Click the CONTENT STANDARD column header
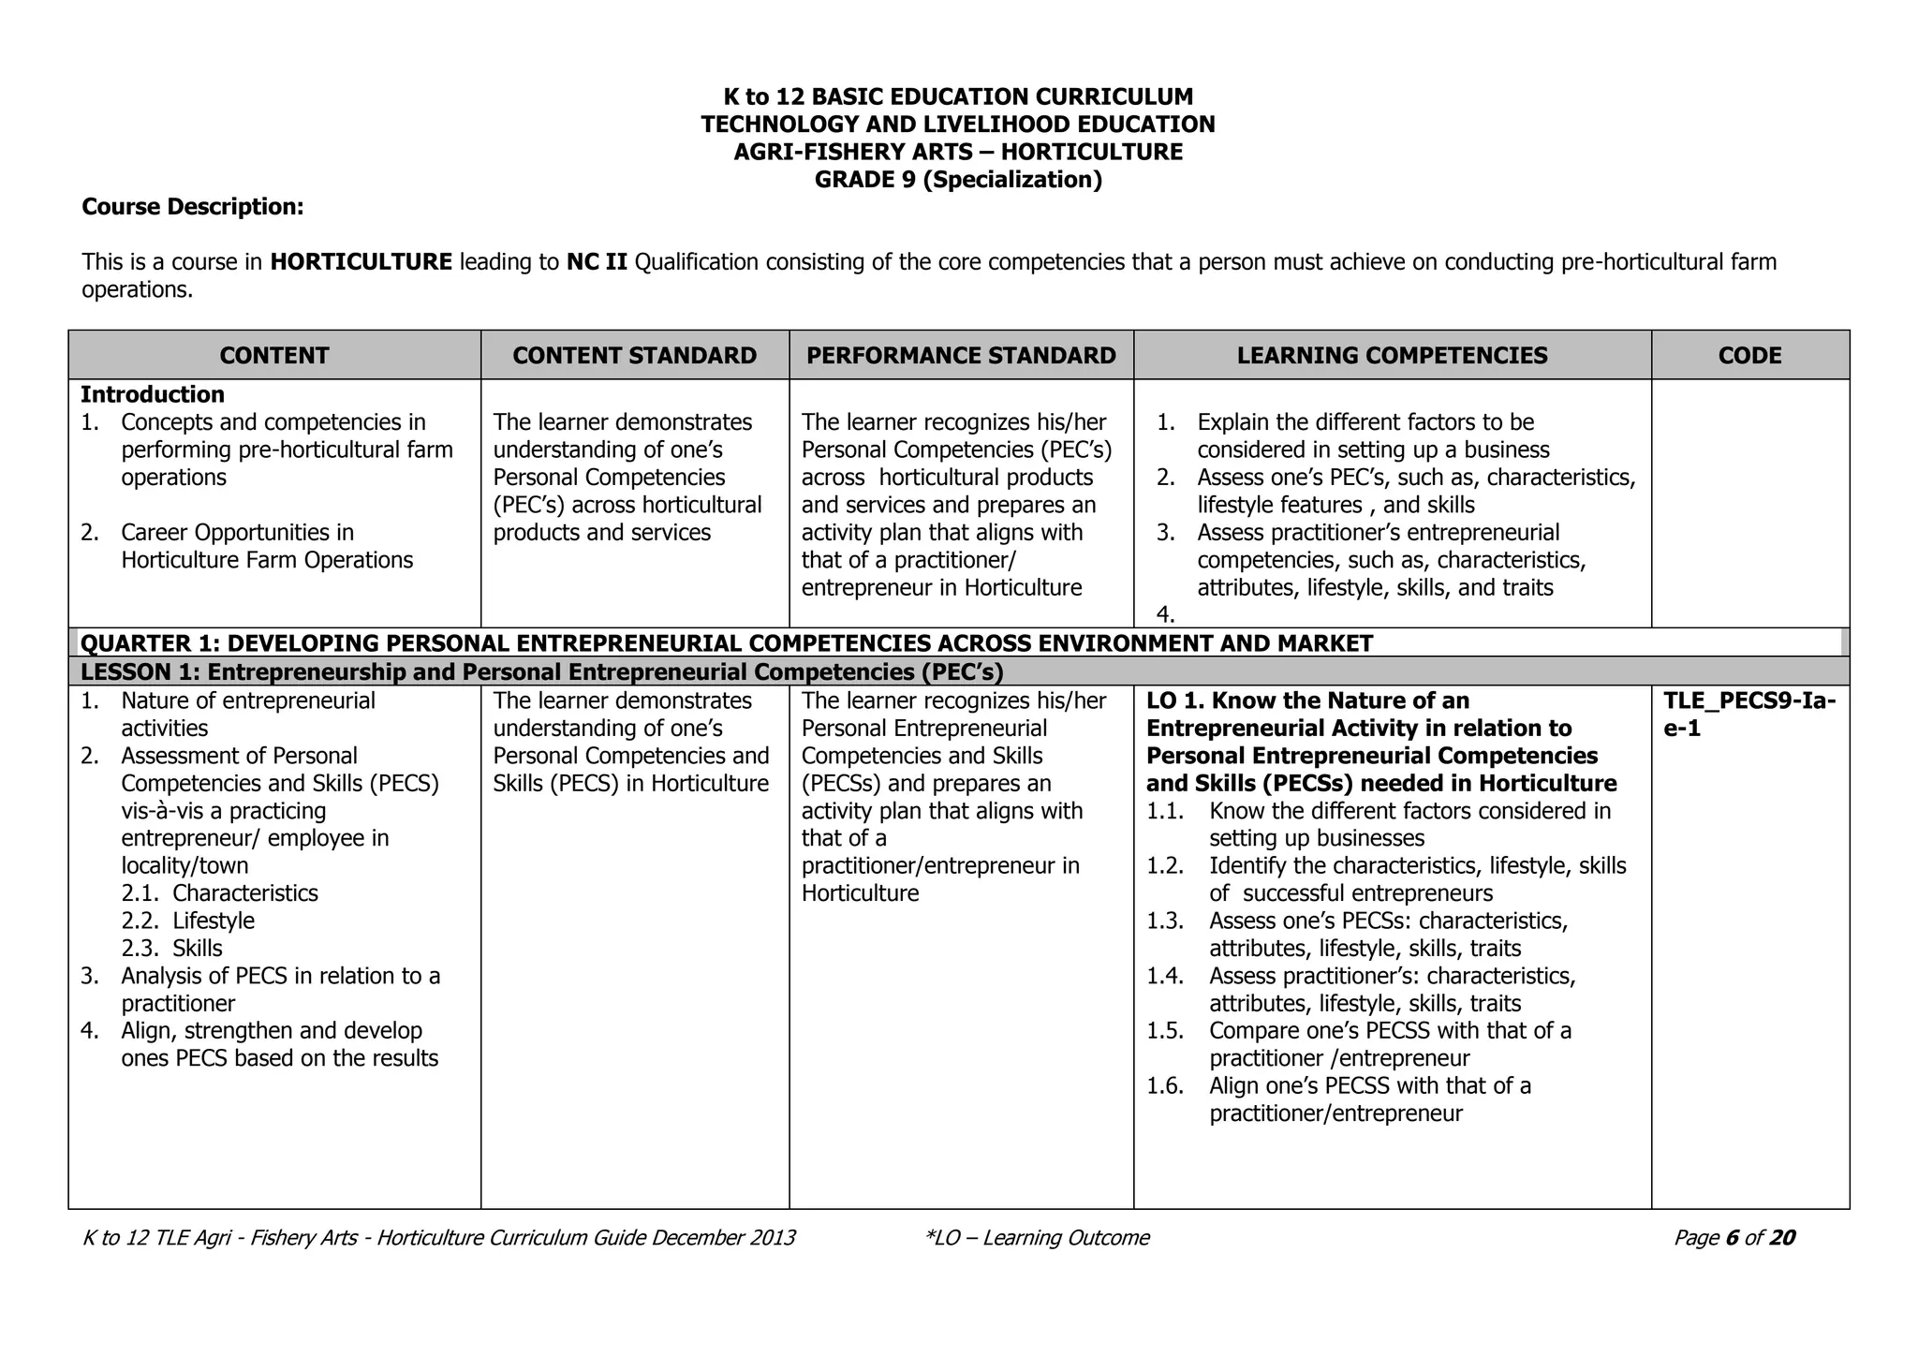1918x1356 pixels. (634, 356)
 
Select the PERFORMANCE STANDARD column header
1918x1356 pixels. (961, 356)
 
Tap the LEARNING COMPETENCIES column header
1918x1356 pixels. (1392, 356)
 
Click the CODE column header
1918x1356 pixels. (1749, 356)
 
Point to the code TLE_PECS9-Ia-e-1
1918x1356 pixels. (1748, 714)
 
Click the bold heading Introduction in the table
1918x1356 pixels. (153, 394)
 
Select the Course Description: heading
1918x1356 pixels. (193, 207)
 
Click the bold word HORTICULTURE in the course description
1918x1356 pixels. (361, 261)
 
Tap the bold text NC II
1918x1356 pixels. (597, 261)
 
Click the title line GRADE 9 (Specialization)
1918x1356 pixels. (958, 180)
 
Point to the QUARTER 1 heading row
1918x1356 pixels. (727, 643)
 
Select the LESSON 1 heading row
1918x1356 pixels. (542, 672)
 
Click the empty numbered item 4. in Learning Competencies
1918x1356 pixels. (1165, 615)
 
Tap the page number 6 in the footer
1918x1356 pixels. (1732, 1238)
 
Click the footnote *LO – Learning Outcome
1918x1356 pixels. (1036, 1238)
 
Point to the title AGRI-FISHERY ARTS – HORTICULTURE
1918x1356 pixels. (958, 152)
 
